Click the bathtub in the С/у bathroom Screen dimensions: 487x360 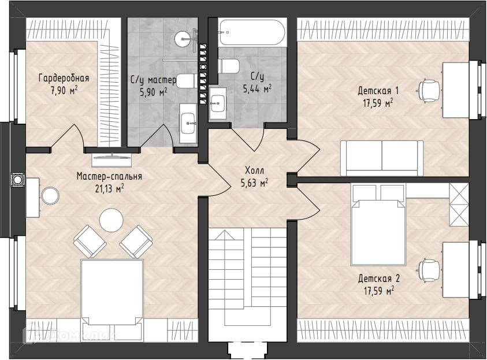251,32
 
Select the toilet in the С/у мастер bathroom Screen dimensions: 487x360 186,81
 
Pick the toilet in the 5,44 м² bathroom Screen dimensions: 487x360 229,66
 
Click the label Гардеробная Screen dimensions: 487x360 64,78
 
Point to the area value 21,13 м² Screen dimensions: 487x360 109,188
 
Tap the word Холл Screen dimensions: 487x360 254,170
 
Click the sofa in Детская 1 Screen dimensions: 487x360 382,158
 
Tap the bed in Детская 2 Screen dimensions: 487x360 378,225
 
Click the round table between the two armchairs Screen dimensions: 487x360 111,220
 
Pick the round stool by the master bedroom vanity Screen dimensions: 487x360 50,196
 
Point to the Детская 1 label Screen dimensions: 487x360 378,91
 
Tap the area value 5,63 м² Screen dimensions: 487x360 254,183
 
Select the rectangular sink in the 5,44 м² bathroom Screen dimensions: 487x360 218,103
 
